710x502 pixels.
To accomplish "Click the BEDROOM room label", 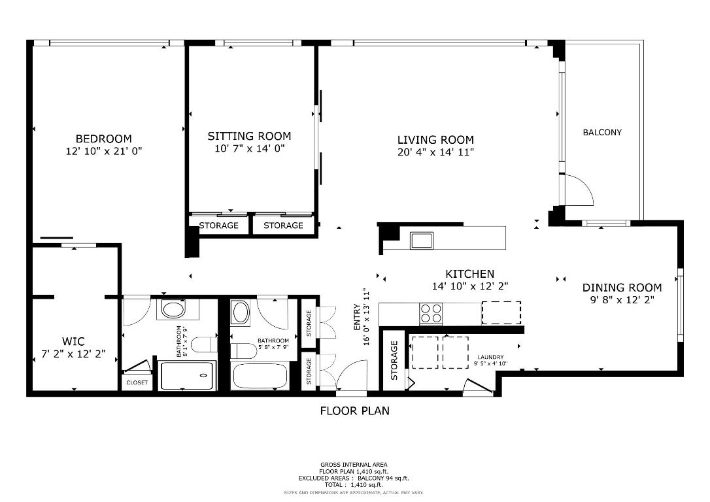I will click(x=103, y=139).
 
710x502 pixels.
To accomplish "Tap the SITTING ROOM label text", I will click(x=249, y=136).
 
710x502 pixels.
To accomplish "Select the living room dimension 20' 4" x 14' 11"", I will click(x=435, y=152).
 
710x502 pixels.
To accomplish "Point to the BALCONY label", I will click(x=602, y=132).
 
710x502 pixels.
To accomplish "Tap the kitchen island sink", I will click(x=422, y=240).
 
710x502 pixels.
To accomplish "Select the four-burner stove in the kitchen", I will click(x=430, y=314).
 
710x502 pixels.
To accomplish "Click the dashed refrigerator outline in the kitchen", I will click(x=501, y=312).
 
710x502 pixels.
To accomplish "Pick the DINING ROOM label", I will click(x=622, y=288).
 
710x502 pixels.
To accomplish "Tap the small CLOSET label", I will click(x=137, y=382).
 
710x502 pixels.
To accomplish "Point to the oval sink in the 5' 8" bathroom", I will click(x=241, y=312).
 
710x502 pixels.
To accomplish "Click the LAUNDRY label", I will click(x=490, y=357).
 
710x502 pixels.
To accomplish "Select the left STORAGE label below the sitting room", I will click(x=218, y=226).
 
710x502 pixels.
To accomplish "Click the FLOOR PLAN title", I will click(x=354, y=411).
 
